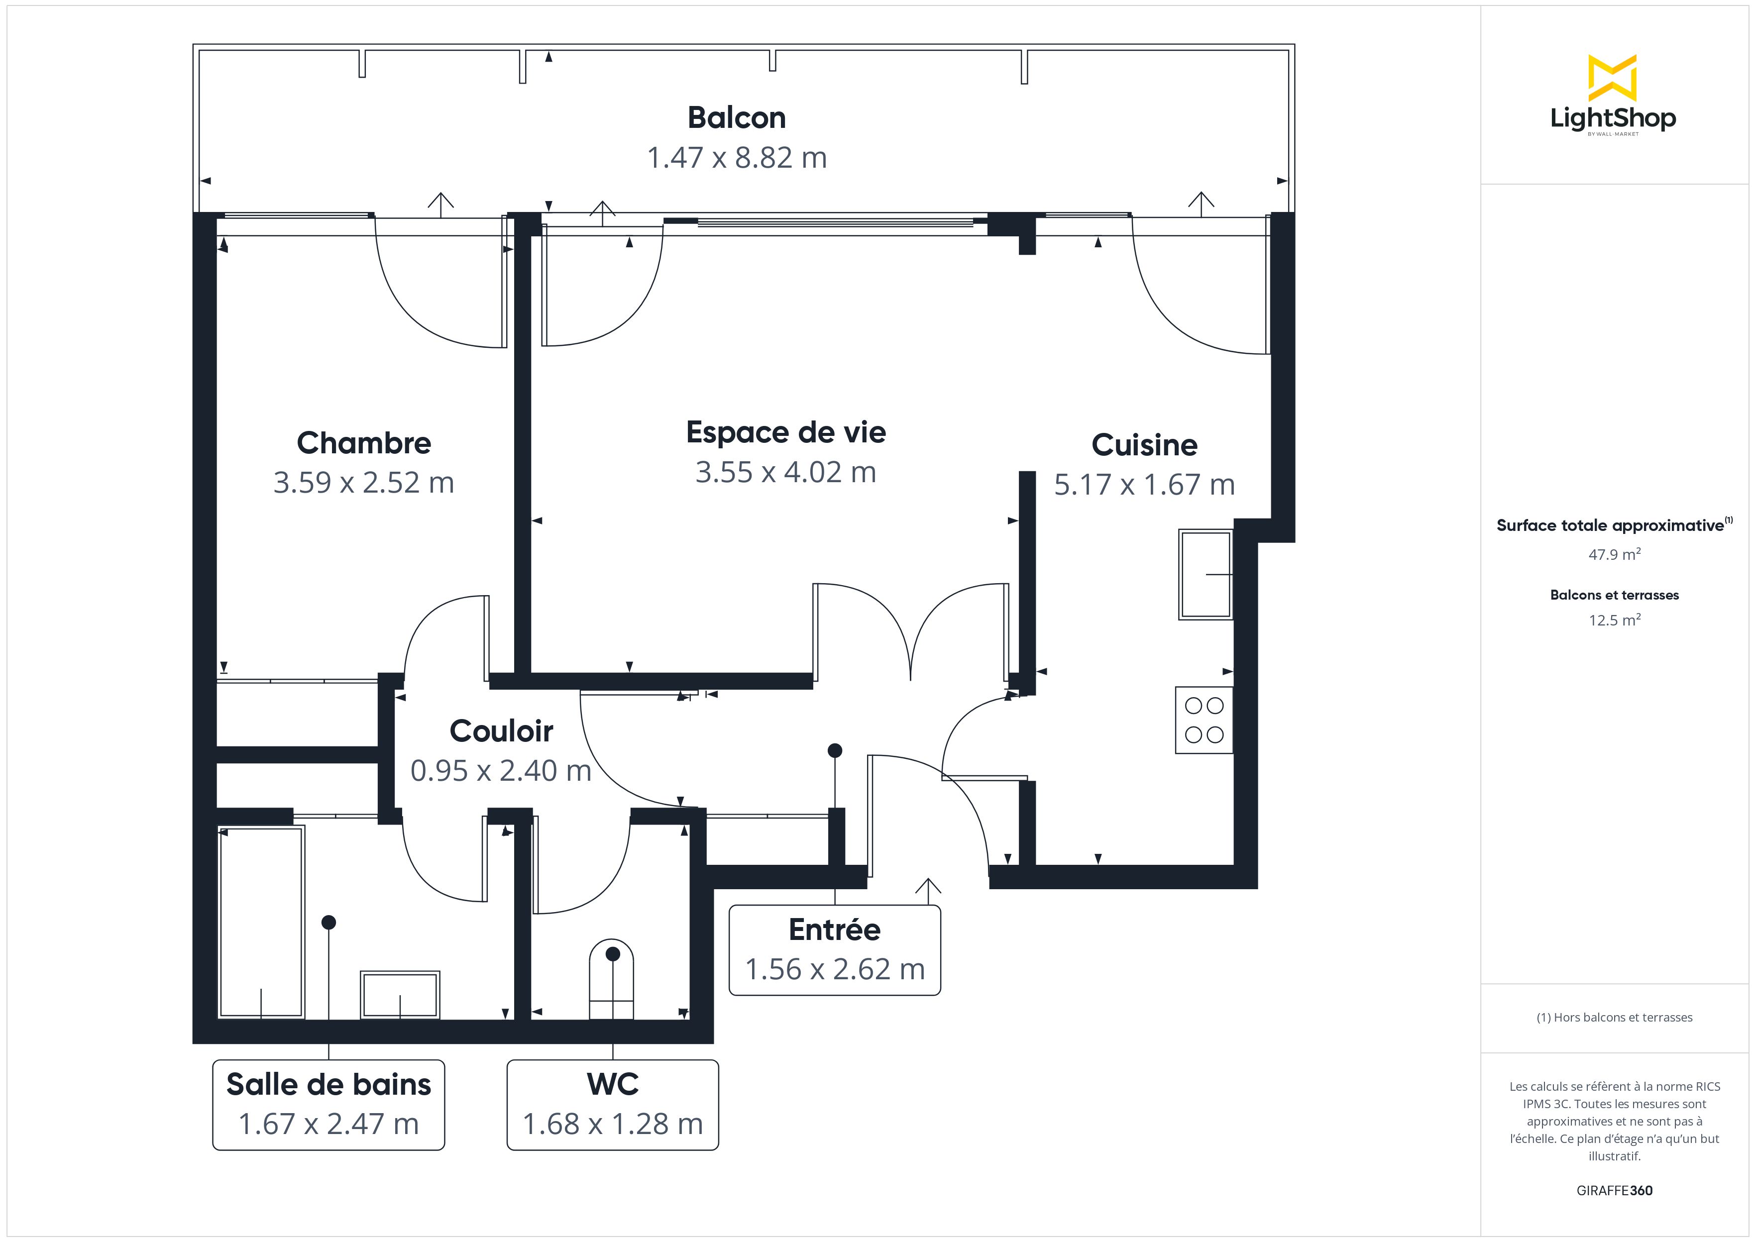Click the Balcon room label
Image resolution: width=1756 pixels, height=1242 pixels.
click(737, 118)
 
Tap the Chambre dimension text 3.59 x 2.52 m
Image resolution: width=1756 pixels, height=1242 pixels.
click(364, 483)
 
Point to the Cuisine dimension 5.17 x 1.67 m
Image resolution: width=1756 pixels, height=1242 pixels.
click(1144, 485)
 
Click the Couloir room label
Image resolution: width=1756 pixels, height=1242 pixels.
click(502, 731)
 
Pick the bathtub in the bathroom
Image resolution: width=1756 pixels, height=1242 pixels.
click(262, 923)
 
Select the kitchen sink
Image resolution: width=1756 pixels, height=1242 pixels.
click(1206, 574)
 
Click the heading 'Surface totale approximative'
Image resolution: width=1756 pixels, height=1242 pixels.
click(1610, 525)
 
